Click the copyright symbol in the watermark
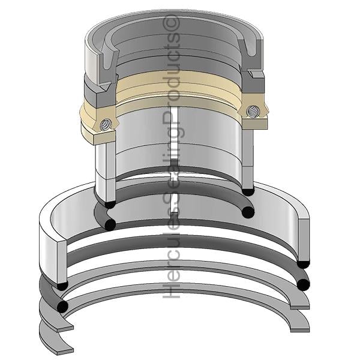coord(171,23)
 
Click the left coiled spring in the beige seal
coord(106,125)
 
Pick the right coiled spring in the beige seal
coord(253,112)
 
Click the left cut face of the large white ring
coord(62,261)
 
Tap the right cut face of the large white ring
coord(304,241)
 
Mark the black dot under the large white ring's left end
coord(62,286)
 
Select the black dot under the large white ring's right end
coord(303,265)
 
